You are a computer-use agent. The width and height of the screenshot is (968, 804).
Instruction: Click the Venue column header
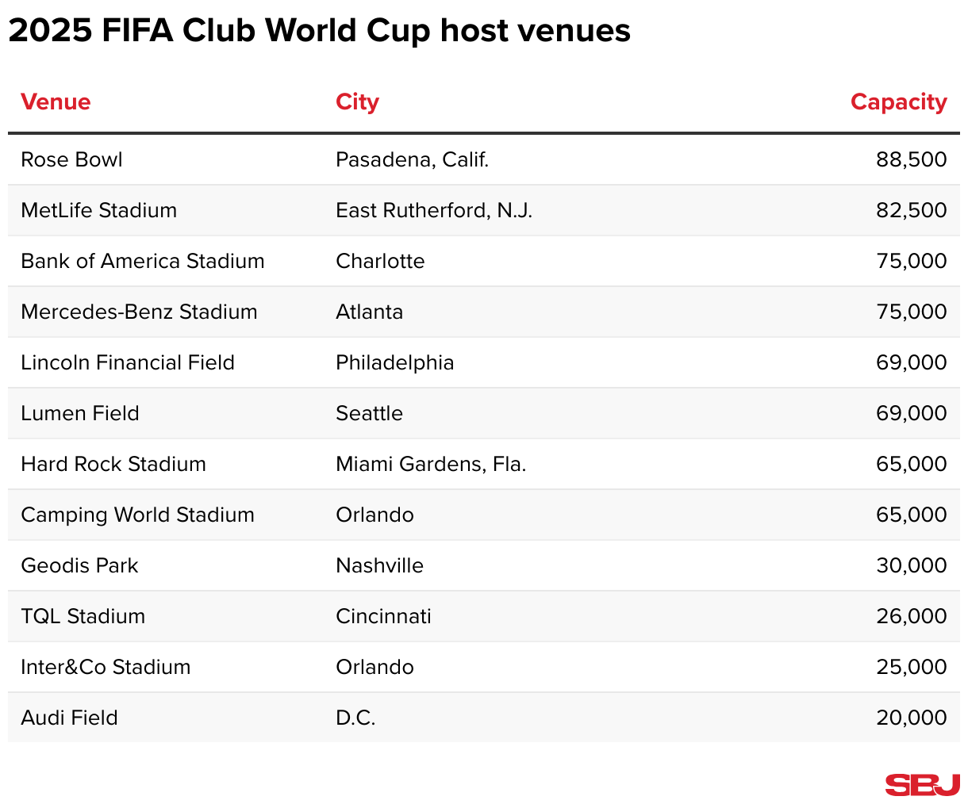click(x=56, y=102)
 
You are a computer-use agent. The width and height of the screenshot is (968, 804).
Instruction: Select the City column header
click(x=357, y=102)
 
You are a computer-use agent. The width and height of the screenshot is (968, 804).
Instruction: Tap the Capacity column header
click(x=898, y=102)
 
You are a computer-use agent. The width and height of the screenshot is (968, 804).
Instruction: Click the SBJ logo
click(x=922, y=785)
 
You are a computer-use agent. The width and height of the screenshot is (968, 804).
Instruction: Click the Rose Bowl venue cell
click(x=71, y=160)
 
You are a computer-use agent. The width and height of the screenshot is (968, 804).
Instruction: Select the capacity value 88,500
click(x=911, y=160)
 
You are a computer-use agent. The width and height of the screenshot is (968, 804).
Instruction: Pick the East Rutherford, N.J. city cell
click(x=434, y=211)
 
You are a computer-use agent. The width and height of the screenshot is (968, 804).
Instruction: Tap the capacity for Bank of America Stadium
click(x=911, y=262)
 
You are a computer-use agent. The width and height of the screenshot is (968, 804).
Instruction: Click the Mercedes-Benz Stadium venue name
click(x=139, y=312)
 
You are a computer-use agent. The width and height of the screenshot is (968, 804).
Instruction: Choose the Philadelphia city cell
click(x=394, y=363)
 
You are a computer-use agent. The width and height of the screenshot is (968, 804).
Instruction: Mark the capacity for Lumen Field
click(x=911, y=414)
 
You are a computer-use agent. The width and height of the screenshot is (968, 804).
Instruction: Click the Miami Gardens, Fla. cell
click(x=431, y=465)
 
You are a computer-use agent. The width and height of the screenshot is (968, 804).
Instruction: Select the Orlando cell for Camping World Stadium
click(x=375, y=515)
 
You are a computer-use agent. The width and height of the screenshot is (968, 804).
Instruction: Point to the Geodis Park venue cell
click(x=79, y=566)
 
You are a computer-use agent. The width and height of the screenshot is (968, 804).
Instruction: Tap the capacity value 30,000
click(x=911, y=566)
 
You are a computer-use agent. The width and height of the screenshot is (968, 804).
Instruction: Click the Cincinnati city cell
click(x=383, y=617)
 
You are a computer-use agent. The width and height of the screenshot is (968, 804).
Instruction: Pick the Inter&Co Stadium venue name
click(x=106, y=668)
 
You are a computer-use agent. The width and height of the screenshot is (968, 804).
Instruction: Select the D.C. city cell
click(x=355, y=718)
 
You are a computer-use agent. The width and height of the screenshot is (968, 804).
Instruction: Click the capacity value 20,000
click(x=911, y=718)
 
